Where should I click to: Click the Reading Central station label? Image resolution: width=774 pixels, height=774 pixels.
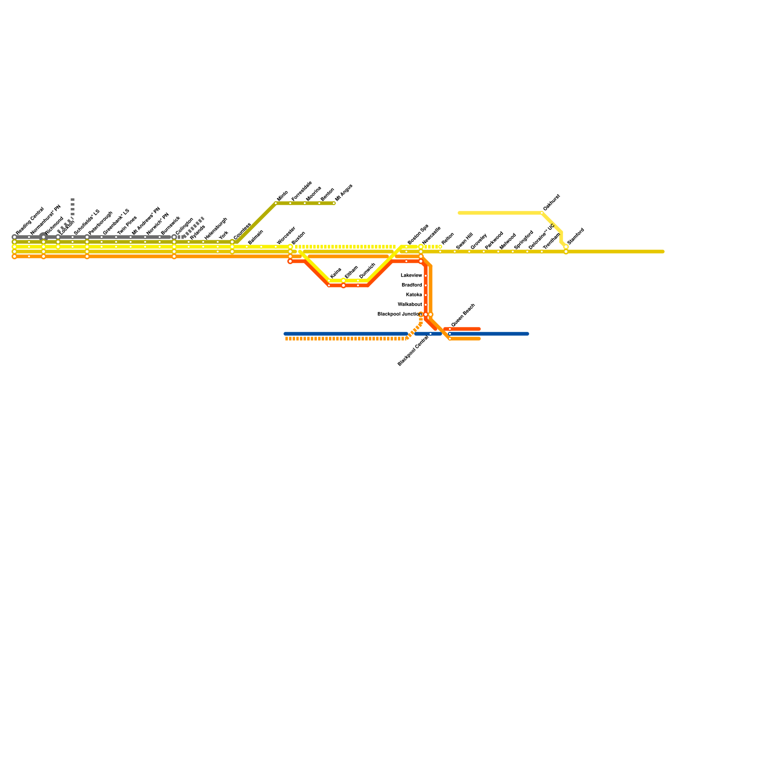pyautogui.click(x=30, y=221)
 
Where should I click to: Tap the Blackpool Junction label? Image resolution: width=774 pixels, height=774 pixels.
pyautogui.click(x=400, y=314)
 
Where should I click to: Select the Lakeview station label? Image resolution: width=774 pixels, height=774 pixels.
pyautogui.click(x=411, y=276)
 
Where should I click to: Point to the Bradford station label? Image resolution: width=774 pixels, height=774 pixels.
pyautogui.click(x=412, y=285)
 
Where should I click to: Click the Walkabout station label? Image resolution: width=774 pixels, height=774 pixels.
pyautogui.click(x=410, y=305)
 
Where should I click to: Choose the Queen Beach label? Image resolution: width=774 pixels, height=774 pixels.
pyautogui.click(x=463, y=315)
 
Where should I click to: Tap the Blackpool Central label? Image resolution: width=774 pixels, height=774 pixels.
pyautogui.click(x=413, y=351)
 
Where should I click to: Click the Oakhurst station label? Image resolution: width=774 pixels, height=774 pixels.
pyautogui.click(x=551, y=203)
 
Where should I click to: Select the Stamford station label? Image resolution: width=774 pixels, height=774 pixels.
pyautogui.click(x=576, y=236)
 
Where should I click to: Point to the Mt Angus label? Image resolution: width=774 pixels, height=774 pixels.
pyautogui.click(x=344, y=192)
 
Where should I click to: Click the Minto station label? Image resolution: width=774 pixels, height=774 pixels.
pyautogui.click(x=283, y=196)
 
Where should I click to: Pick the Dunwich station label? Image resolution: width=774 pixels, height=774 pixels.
pyautogui.click(x=367, y=271)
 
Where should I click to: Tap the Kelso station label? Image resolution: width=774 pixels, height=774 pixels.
pyautogui.click(x=336, y=273)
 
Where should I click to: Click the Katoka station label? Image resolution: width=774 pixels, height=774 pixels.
pyautogui.click(x=414, y=295)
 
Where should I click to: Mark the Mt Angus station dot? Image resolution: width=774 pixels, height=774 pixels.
pyautogui.click(x=334, y=203)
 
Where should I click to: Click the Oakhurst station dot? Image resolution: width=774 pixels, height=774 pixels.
pyautogui.click(x=542, y=213)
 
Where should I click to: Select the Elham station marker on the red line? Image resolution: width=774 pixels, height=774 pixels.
pyautogui.click(x=343, y=285)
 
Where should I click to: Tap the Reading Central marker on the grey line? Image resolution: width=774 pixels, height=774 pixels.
pyautogui.click(x=15, y=237)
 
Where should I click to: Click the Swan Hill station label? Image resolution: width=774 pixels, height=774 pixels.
pyautogui.click(x=464, y=241)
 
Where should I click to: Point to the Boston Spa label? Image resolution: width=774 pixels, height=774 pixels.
pyautogui.click(x=417, y=235)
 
